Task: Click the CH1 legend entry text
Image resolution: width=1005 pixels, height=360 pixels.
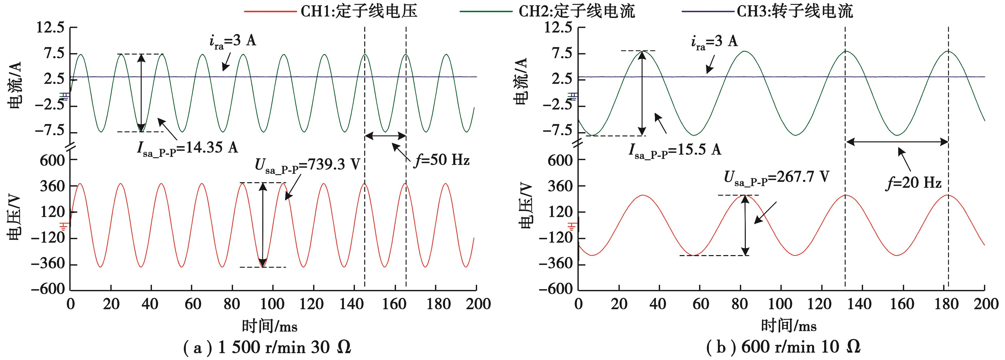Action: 359,11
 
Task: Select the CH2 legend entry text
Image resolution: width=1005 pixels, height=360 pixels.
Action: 577,11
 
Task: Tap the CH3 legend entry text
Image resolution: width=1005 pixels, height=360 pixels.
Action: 795,11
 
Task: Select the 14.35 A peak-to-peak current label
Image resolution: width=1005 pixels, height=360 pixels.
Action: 187,148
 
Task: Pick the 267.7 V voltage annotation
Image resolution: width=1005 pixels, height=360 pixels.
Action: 776,178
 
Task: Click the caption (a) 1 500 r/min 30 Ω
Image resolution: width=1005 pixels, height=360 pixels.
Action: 267,347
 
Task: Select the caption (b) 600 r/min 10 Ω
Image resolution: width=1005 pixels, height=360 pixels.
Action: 784,347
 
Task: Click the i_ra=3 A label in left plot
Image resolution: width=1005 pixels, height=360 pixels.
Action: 233,41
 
